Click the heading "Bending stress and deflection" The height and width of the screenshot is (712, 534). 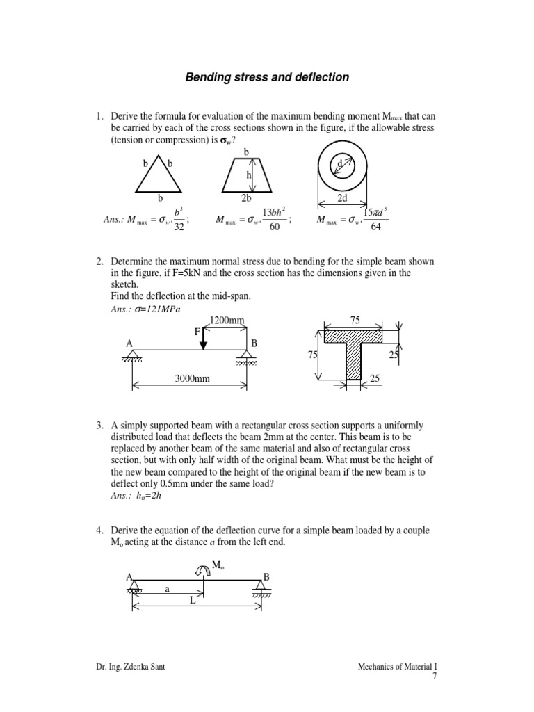[x=267, y=77]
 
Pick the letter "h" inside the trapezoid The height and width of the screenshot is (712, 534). [x=248, y=176]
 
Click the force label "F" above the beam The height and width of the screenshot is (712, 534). [x=197, y=332]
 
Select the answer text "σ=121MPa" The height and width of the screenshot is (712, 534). [x=159, y=309]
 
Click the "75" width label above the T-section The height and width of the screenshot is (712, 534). [x=356, y=320]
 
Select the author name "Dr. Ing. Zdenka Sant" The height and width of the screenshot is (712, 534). [x=131, y=667]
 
